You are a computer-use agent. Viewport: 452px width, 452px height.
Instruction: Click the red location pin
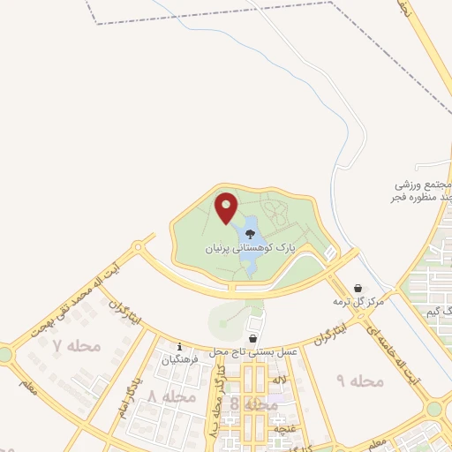point(226,208)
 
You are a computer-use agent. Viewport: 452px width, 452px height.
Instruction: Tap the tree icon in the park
point(251,235)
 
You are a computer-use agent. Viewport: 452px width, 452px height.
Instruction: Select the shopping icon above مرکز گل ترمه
point(358,288)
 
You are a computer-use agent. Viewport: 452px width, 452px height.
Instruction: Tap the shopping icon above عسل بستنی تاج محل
point(253,337)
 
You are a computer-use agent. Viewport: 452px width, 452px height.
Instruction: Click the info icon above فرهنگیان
point(180,346)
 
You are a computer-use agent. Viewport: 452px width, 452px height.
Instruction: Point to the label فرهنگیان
point(179,359)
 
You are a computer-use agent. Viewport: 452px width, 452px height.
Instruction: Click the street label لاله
point(281,379)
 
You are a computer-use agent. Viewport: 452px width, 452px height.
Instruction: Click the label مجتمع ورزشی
point(424,185)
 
